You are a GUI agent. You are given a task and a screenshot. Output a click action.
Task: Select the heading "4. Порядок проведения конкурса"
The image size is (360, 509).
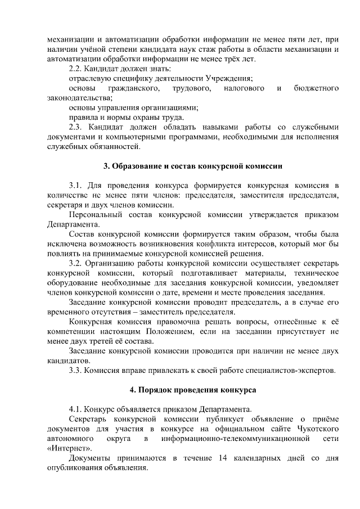(x=192, y=389)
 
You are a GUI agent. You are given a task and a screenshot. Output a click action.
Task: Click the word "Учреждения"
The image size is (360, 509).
(x=226, y=78)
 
